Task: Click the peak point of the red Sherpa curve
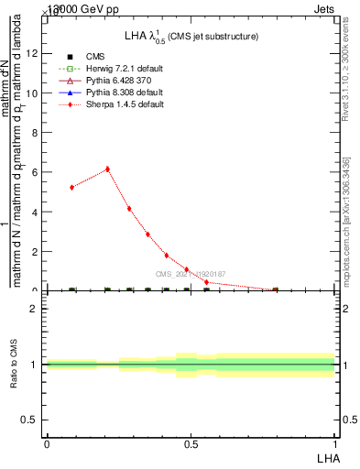pos(107,169)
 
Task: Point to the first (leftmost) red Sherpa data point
pos(71,187)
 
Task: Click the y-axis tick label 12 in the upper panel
pos(32,53)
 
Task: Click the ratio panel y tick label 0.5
pos(30,420)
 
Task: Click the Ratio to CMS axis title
pos(14,365)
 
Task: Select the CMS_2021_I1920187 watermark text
pos(191,274)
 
